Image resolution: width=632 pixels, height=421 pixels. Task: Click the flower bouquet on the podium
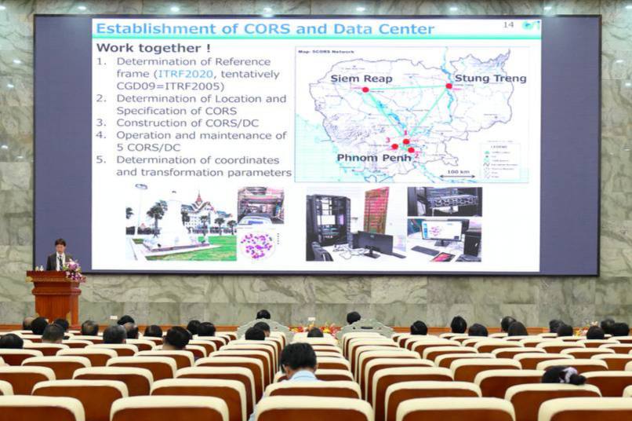(x=74, y=271)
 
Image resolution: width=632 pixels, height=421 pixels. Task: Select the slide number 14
(x=508, y=25)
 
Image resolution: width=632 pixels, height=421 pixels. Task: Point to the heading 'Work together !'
(x=147, y=48)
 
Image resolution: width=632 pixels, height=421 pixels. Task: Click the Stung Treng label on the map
(x=490, y=79)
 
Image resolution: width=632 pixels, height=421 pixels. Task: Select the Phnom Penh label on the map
(x=374, y=158)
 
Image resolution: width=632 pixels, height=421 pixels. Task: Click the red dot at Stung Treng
(x=449, y=86)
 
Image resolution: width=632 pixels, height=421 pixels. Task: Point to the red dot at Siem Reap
(x=365, y=90)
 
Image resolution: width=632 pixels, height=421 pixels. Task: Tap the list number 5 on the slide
(x=100, y=159)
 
